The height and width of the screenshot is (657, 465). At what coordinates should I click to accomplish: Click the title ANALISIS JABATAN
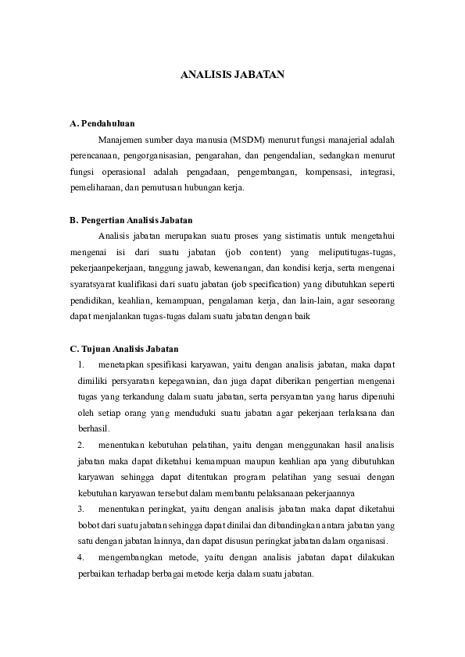[x=232, y=76]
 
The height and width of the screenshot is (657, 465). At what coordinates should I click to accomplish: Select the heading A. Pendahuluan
[x=102, y=123]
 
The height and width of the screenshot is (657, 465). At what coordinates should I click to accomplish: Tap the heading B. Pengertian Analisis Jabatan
[x=131, y=220]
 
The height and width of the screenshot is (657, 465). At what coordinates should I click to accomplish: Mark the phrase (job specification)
[x=254, y=285]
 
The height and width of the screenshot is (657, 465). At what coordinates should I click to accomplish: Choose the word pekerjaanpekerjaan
[x=106, y=268]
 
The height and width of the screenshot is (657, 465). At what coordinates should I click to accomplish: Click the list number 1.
[x=81, y=364]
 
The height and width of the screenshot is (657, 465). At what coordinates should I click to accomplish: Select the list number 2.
[x=81, y=445]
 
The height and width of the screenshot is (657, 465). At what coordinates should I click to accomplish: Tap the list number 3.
[x=81, y=510]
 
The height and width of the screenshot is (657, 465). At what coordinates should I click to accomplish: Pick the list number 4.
[x=81, y=557]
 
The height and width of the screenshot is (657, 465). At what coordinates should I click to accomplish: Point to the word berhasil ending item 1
[x=94, y=428]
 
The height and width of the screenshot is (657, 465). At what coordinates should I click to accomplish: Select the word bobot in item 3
[x=88, y=525]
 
